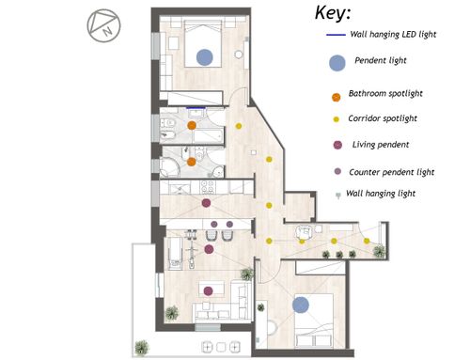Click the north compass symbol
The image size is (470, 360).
coord(103,25)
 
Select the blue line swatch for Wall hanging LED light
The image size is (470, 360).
coord(336,35)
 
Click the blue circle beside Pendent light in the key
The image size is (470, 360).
coord(337,63)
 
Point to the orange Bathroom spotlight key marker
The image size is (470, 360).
coord(336,97)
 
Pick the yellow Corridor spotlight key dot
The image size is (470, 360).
coord(336,119)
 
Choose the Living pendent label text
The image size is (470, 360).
coord(381,145)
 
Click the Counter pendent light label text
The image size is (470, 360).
coord(392,172)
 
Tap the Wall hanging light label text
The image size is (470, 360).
coord(381,194)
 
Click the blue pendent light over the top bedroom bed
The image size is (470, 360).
coord(205,57)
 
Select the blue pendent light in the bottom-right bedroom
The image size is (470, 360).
coord(301,305)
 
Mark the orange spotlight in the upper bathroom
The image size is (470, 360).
coord(192,126)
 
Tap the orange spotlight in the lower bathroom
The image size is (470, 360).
coord(192,162)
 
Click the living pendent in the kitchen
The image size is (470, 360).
coord(206,203)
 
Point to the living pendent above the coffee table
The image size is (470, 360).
coord(208,291)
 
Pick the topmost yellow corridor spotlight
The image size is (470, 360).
coord(239,126)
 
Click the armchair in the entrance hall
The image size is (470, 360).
coord(304,232)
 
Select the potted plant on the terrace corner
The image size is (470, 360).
coord(142,348)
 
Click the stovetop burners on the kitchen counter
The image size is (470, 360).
coord(207,187)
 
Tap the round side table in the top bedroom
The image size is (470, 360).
coord(239,55)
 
